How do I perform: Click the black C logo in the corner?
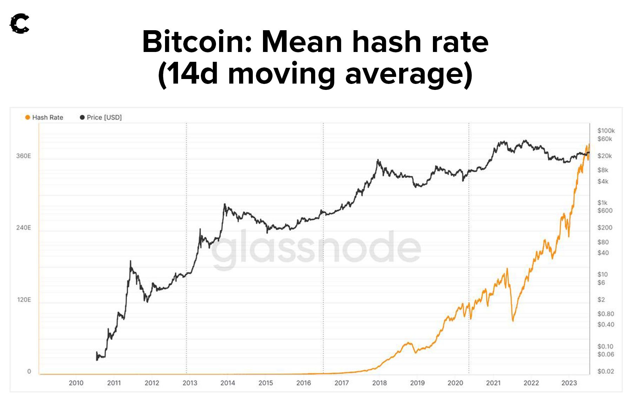point(19,24)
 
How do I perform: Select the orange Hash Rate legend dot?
point(27,117)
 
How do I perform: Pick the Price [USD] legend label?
point(104,117)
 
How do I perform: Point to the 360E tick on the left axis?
point(24,156)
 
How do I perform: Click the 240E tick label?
point(24,228)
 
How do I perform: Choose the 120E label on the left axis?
point(24,300)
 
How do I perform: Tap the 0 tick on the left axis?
point(29,371)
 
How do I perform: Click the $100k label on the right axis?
point(606,131)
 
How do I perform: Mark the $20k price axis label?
point(605,156)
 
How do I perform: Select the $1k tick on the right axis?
point(603,203)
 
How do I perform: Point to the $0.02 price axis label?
point(606,371)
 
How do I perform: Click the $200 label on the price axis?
point(605,228)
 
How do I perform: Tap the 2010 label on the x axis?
point(76,383)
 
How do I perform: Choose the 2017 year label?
point(342,383)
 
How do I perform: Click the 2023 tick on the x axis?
point(569,383)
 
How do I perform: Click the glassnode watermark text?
point(316,248)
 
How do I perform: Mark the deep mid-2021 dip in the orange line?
point(513,320)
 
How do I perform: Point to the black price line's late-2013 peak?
point(225,204)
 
